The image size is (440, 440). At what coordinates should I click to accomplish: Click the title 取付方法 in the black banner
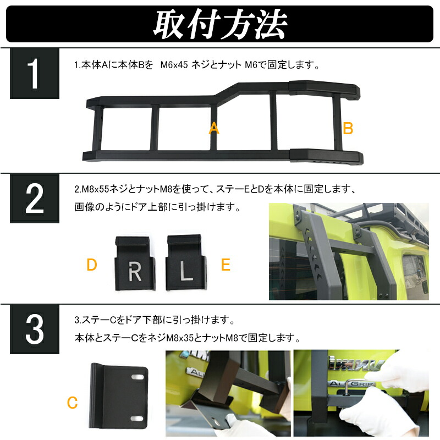[x=219, y=23]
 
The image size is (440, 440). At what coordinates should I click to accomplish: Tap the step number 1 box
[x=34, y=74]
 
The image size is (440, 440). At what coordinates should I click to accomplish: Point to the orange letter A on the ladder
[x=214, y=129]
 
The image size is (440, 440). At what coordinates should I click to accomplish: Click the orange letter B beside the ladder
[x=348, y=129]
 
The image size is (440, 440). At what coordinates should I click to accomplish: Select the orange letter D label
[x=92, y=265]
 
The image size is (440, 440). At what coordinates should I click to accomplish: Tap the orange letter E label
[x=226, y=265]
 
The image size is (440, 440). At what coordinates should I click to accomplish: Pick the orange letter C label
[x=72, y=403]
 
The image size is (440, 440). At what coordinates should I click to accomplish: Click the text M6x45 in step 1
[x=175, y=65]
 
